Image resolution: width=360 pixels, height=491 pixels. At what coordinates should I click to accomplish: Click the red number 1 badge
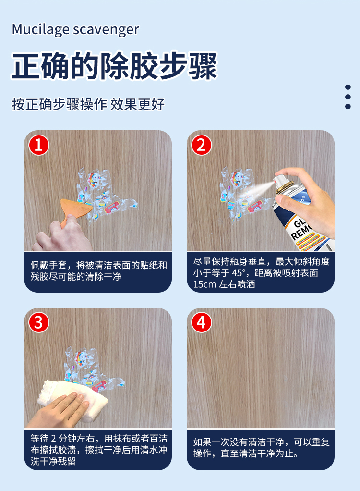tap(39, 145)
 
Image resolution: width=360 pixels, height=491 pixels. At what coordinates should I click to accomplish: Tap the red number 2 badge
tap(202, 145)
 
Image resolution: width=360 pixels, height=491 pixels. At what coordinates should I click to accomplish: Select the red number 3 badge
tap(39, 322)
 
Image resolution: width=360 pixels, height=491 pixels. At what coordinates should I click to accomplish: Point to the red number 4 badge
tap(202, 322)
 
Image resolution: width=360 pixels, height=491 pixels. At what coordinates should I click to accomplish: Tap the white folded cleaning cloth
tap(72, 396)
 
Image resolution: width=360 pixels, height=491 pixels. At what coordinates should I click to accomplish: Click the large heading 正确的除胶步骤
tap(114, 66)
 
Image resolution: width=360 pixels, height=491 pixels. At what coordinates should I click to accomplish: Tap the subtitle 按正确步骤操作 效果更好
tap(88, 104)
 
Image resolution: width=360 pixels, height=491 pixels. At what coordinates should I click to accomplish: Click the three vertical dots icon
tap(348, 97)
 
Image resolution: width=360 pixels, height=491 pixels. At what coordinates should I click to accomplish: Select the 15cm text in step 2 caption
tap(204, 284)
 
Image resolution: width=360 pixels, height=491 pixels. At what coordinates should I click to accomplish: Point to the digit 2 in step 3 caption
tap(53, 438)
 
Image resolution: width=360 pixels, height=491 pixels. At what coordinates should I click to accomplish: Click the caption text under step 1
tap(98, 271)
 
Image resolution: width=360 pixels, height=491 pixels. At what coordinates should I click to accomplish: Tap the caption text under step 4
tap(261, 448)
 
